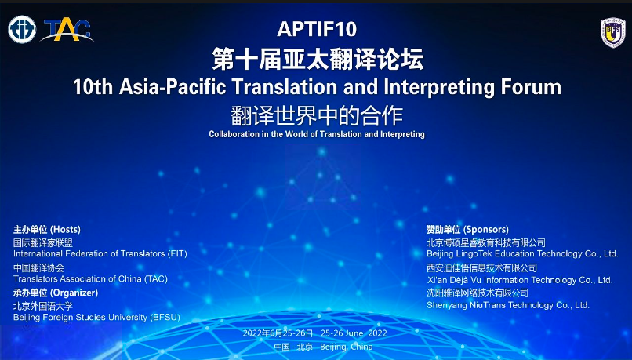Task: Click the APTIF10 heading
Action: click(317, 29)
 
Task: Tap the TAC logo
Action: click(67, 31)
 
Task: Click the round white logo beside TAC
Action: click(22, 30)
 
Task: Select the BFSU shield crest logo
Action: click(612, 33)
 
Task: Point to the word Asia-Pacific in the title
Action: click(173, 87)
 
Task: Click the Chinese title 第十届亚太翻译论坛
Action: click(318, 59)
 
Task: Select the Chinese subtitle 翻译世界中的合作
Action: click(317, 116)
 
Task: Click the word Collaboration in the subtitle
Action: click(234, 134)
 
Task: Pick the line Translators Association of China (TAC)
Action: click(90, 279)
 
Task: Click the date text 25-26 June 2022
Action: click(354, 333)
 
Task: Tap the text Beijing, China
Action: click(347, 347)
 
